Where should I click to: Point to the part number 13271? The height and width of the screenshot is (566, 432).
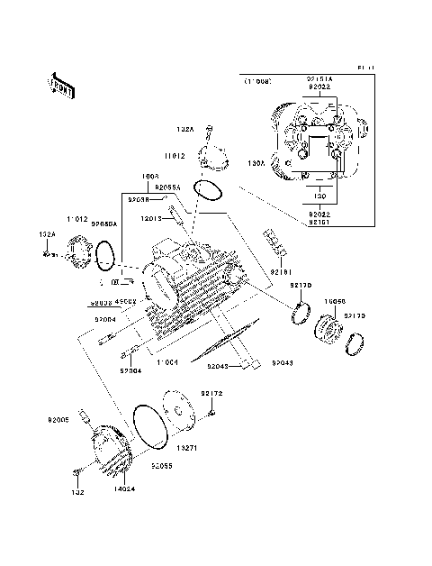pyautogui.click(x=186, y=447)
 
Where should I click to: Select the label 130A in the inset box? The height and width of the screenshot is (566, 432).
pyautogui.click(x=256, y=163)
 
